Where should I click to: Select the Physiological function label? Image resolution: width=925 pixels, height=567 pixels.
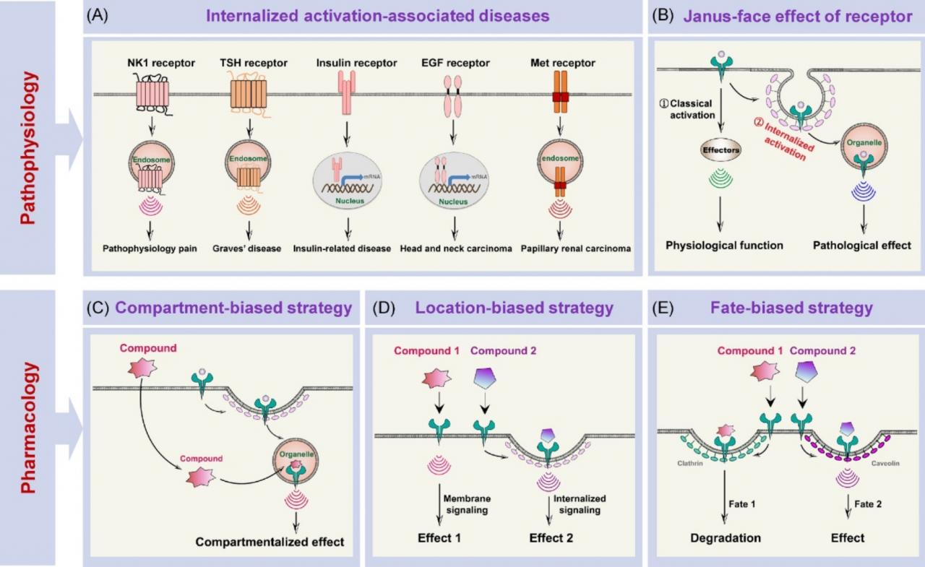coord(724,245)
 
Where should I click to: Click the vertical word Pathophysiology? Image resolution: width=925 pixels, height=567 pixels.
coord(27,137)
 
